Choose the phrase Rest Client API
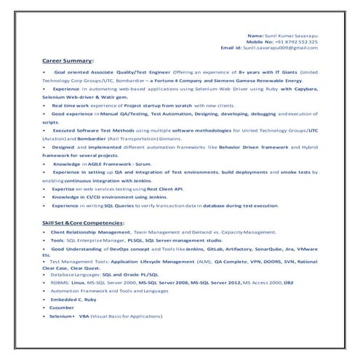(x=161, y=188)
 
